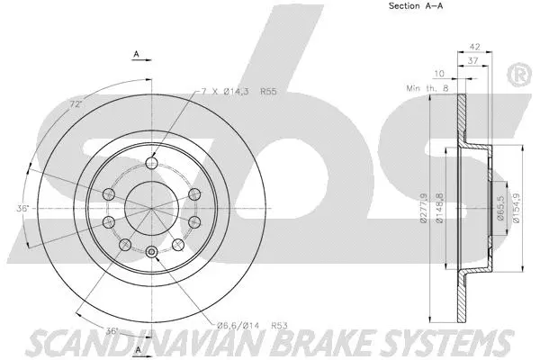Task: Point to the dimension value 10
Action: point(439,75)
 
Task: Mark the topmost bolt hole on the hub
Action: point(152,162)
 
